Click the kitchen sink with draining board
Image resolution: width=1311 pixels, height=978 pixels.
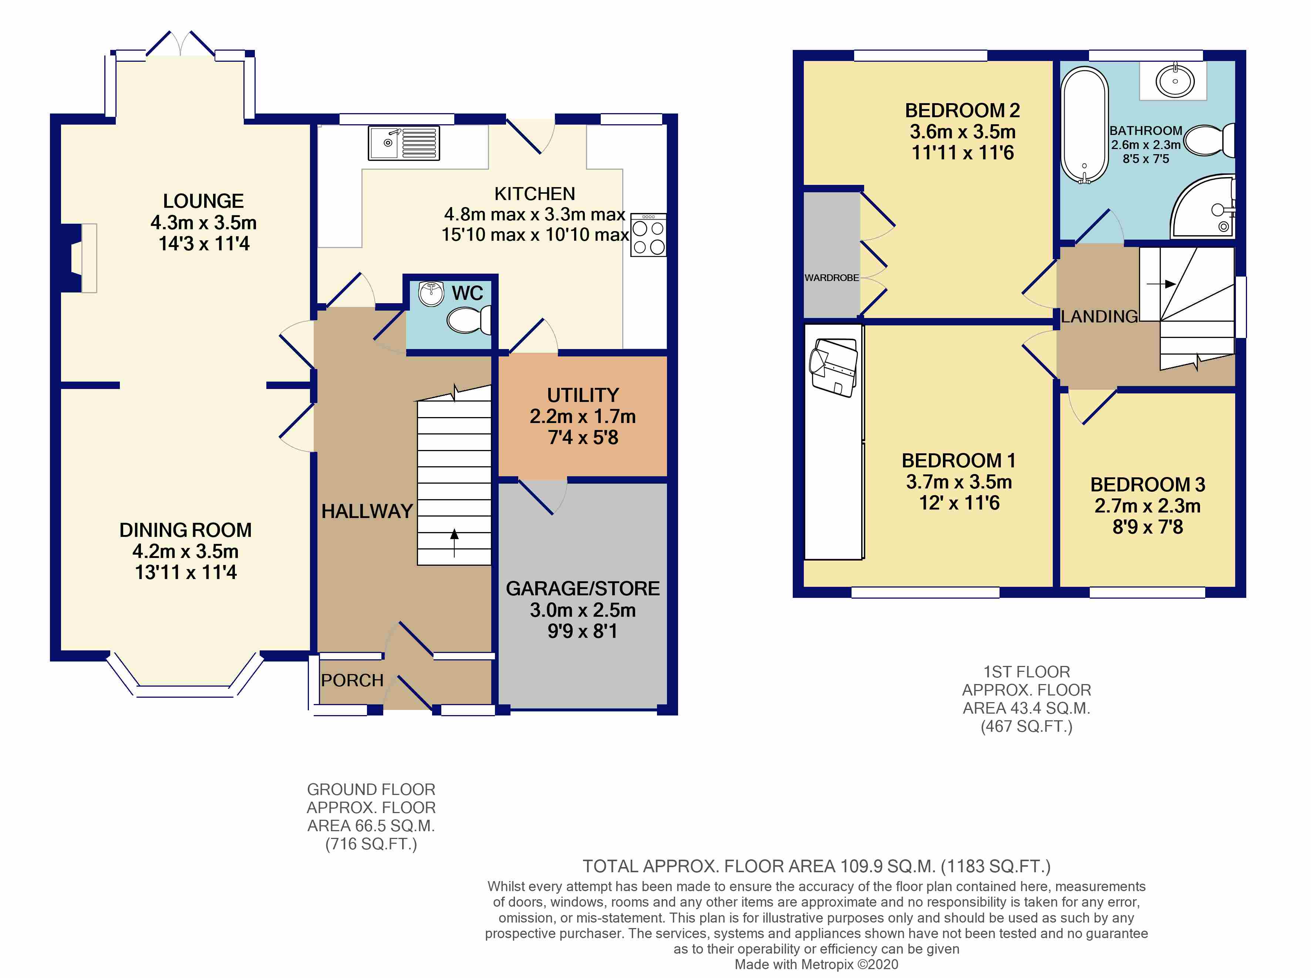coord(404,143)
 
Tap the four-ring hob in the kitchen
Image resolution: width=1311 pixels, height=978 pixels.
coord(648,235)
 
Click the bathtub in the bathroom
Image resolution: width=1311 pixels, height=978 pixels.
coord(1084,125)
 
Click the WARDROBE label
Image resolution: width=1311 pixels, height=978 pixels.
coord(831,278)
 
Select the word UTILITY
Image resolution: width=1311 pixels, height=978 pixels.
coord(583,395)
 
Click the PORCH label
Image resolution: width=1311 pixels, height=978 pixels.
coord(352,680)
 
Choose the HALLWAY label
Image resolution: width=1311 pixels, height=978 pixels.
coord(367,511)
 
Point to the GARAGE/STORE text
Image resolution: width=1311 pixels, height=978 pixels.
coord(583,588)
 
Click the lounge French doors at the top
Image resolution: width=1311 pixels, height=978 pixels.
coord(180,44)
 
